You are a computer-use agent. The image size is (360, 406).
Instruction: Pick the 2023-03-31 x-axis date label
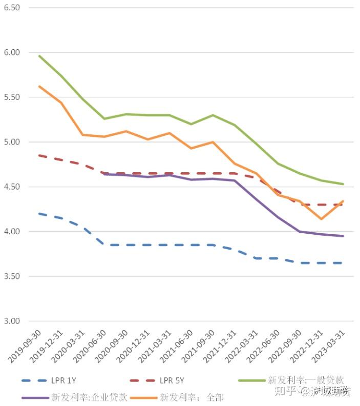coord(329,346)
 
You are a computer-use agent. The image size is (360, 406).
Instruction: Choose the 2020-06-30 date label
coord(90,346)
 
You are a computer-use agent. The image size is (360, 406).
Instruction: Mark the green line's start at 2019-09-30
coord(39,55)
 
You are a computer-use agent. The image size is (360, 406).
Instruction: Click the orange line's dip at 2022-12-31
coord(321,219)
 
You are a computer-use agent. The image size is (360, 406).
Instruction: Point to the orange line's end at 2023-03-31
coord(343,201)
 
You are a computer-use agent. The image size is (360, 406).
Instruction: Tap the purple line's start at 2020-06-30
coord(104,174)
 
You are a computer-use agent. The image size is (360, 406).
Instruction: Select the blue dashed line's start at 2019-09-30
coord(39,213)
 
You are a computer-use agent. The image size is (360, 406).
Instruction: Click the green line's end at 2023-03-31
coord(343,184)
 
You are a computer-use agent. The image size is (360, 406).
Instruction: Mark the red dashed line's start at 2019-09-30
coord(39,155)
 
